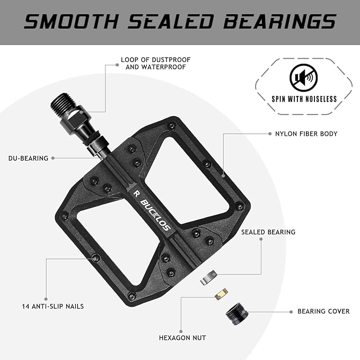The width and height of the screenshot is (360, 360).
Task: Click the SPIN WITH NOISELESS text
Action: pyautogui.click(x=304, y=99)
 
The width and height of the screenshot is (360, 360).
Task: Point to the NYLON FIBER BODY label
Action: pyautogui.click(x=306, y=134)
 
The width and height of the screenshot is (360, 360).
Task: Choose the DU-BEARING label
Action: pyautogui.click(x=28, y=158)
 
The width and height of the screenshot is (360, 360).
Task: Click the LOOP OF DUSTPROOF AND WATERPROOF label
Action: pyautogui.click(x=155, y=63)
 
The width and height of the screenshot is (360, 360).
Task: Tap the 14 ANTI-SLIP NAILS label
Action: pyautogui.click(x=52, y=306)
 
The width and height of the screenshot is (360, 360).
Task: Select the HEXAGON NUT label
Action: pyautogui.click(x=182, y=337)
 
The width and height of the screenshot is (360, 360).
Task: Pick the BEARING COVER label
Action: pyautogui.click(x=323, y=311)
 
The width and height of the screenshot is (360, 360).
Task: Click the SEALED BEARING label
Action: pyautogui.click(x=268, y=232)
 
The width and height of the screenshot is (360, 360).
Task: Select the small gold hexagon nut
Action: pyautogui.click(x=221, y=293)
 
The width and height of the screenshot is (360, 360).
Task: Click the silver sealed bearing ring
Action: pyautogui.click(x=209, y=277)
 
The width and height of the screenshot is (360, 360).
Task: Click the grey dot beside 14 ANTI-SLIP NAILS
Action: pyautogui.click(x=46, y=298)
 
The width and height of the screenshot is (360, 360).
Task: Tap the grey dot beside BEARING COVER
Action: pyautogui.click(x=290, y=312)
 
